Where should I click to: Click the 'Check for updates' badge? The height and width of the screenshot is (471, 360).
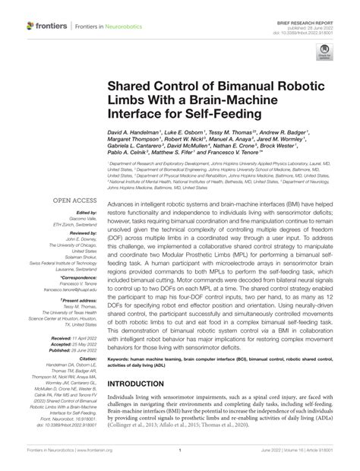326,52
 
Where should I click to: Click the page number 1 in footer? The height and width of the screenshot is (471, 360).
178,450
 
